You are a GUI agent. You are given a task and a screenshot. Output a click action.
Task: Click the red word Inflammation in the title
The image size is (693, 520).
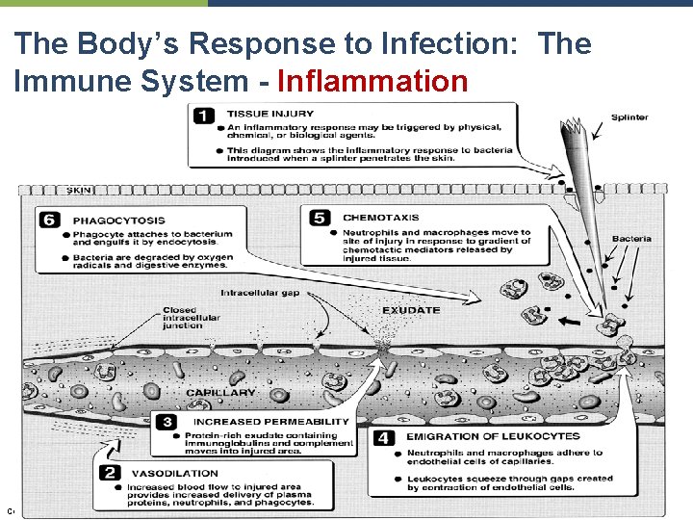coord(372,81)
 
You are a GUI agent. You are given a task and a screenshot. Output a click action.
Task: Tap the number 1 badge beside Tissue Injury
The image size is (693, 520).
coord(205,117)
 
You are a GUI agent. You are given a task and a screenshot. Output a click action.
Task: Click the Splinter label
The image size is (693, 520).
coord(629,117)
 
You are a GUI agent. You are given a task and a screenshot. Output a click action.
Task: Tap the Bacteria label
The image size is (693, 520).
coord(631,239)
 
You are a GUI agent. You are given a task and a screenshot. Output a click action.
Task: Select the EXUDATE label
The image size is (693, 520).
coord(411,310)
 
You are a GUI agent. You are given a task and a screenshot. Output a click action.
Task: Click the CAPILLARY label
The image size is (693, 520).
coord(220,393)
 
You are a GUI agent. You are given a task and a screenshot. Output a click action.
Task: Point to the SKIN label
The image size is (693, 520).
coord(79,191)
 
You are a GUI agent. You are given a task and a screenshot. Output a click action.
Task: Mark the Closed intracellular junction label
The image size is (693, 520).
coord(191,318)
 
